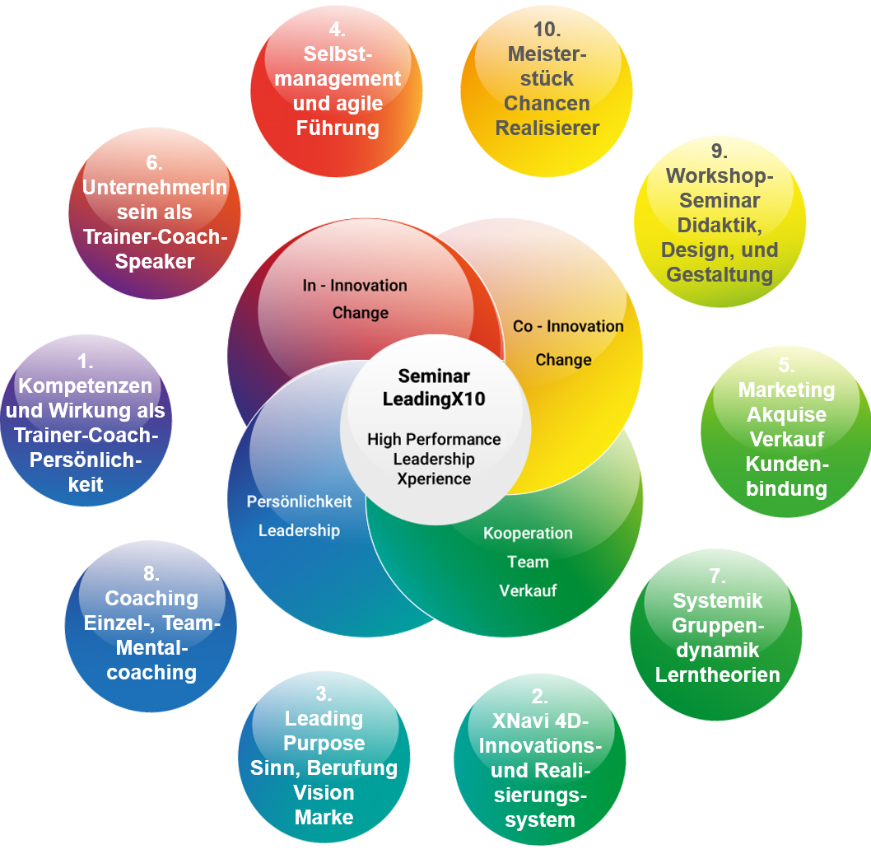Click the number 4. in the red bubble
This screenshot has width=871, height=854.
click(336, 30)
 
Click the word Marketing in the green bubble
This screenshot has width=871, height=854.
click(786, 390)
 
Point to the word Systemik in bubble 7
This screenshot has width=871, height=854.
click(717, 600)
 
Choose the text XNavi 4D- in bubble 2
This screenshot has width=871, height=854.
click(540, 721)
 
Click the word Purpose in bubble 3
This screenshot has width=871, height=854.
click(324, 743)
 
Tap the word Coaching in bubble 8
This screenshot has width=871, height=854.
click(151, 598)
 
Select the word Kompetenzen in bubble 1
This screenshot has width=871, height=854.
click(85, 385)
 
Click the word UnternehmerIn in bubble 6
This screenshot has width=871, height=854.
click(154, 187)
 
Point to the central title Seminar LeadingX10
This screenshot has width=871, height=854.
click(434, 387)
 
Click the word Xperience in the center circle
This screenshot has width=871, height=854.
click(433, 478)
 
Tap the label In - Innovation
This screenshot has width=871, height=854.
click(355, 286)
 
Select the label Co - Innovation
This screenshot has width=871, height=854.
click(568, 326)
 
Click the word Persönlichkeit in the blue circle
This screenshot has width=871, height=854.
click(299, 502)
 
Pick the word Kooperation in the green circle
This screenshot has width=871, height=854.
click(528, 533)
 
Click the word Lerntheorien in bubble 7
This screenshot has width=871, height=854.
click(717, 674)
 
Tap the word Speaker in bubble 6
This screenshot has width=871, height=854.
click(155, 262)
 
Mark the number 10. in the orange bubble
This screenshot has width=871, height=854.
click(547, 30)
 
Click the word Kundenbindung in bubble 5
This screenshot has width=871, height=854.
click(786, 476)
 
